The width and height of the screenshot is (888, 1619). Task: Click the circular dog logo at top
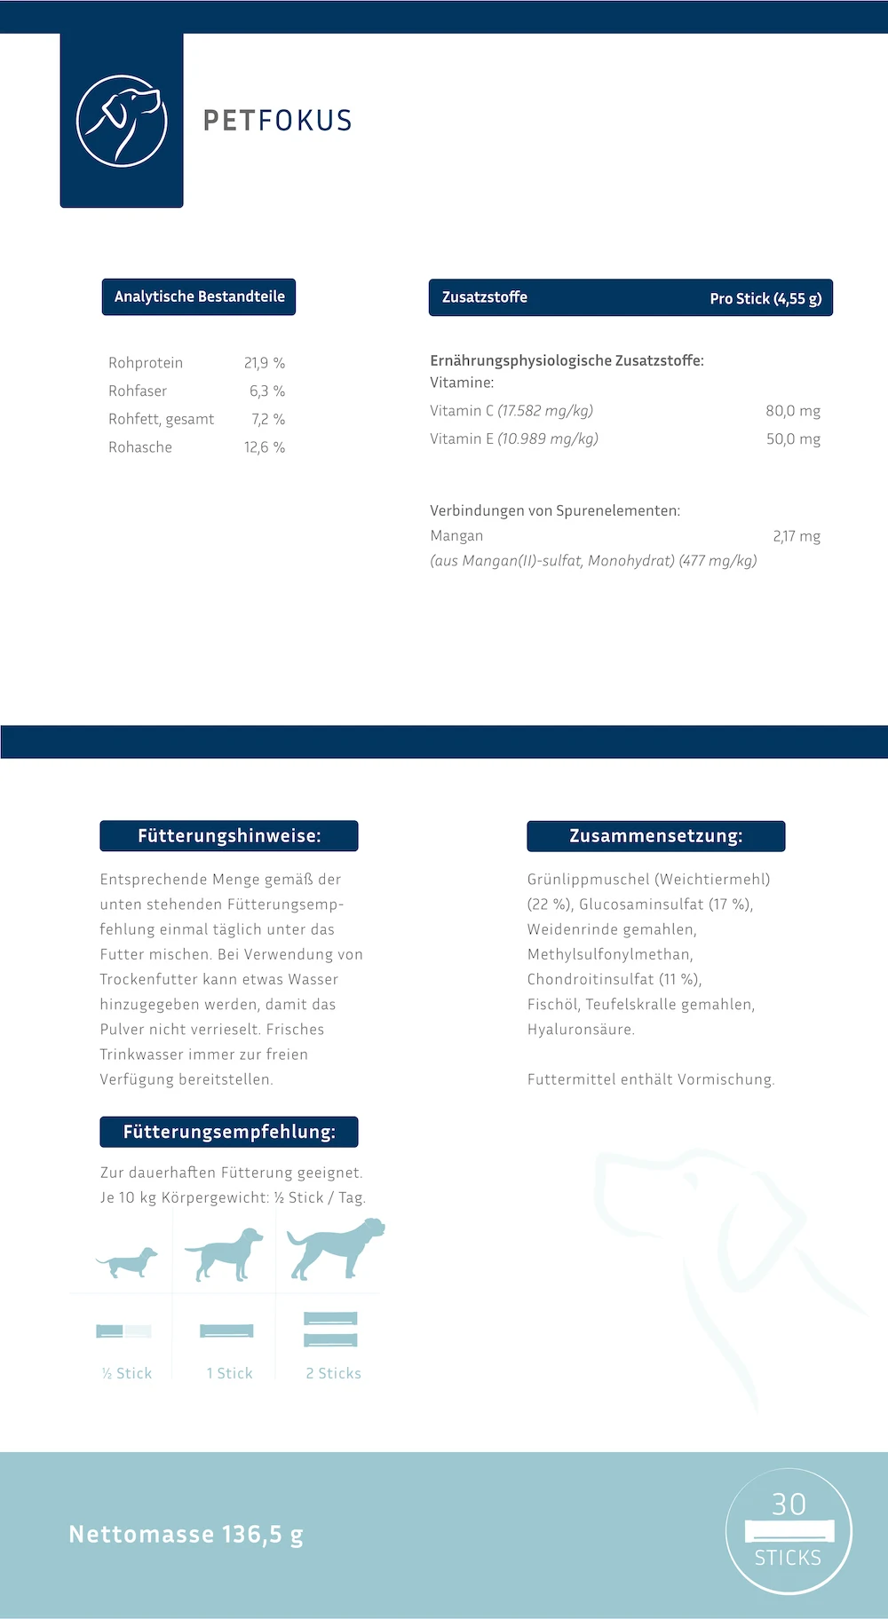[x=122, y=121]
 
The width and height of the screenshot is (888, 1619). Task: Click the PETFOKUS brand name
[x=278, y=121]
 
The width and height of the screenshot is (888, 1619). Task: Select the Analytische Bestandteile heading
[x=199, y=296]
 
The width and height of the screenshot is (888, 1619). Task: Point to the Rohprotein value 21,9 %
[x=265, y=363]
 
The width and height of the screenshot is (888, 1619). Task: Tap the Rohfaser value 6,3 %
[x=267, y=391]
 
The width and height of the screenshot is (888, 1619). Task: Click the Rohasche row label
[x=140, y=447]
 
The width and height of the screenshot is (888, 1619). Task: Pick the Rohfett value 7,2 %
[x=268, y=419]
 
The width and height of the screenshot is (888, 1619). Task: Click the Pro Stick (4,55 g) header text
[x=765, y=298]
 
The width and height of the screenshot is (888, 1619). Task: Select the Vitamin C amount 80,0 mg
[x=793, y=411]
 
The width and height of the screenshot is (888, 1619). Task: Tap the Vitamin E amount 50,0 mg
[x=793, y=438]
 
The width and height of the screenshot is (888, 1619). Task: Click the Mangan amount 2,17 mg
[x=797, y=536]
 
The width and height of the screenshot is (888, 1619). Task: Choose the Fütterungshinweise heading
[x=229, y=836]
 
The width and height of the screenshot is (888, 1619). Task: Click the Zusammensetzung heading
[x=656, y=836]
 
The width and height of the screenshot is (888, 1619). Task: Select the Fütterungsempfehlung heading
[x=229, y=1132]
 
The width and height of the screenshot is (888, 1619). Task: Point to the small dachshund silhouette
[x=127, y=1260]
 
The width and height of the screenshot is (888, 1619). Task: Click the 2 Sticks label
[x=333, y=1373]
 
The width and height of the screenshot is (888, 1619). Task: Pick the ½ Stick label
[x=127, y=1373]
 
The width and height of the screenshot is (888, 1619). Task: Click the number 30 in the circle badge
[x=789, y=1504]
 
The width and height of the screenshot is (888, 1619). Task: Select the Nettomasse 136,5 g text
[x=186, y=1534]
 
